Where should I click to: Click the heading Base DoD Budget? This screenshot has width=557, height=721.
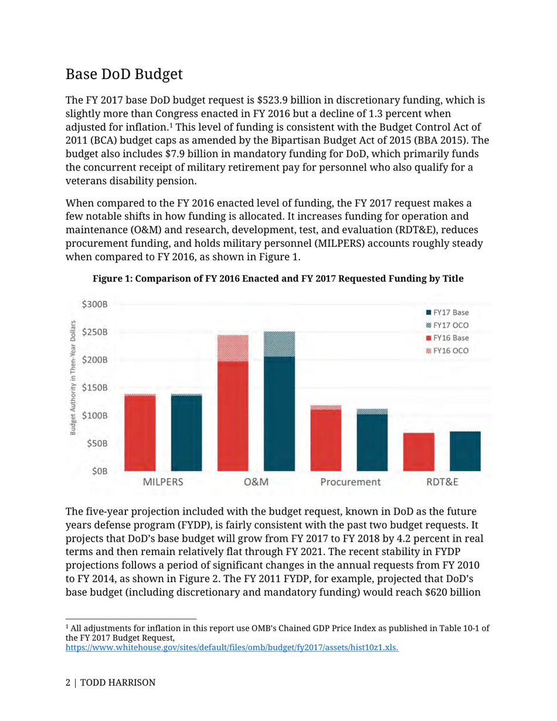[124, 74]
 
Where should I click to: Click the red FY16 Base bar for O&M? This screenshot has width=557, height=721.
[232, 416]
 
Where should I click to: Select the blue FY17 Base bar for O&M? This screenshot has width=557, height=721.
[279, 413]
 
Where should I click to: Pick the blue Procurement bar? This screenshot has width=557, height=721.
[372, 442]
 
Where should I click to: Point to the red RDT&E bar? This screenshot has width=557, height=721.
[419, 451]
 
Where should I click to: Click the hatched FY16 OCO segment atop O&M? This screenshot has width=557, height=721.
[232, 348]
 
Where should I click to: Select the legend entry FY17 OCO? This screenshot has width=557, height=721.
[446, 325]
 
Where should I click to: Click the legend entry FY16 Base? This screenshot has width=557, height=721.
[446, 338]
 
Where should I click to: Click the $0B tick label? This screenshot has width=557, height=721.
[100, 471]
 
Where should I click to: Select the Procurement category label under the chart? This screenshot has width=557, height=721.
[350, 482]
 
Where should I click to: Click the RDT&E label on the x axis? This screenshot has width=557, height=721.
[442, 482]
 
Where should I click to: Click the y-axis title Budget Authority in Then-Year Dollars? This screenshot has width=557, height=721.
[74, 378]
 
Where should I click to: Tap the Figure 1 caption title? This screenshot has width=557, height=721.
[278, 280]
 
